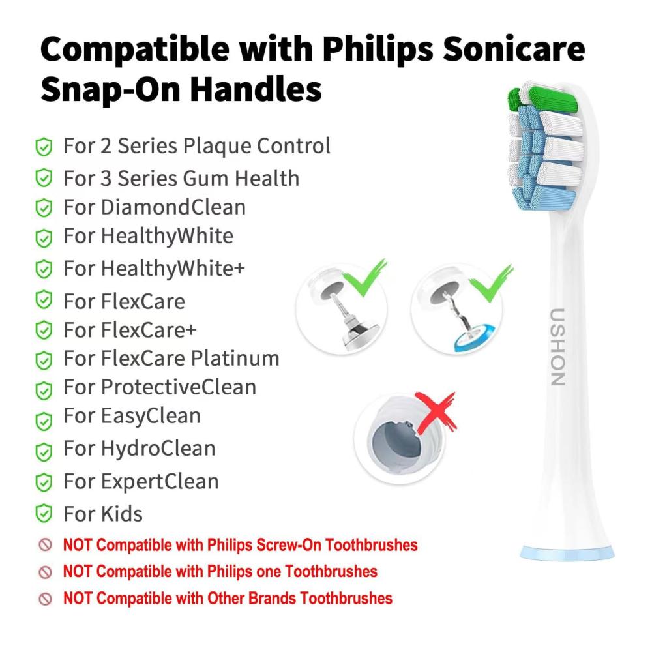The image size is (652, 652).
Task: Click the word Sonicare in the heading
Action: coord(514,49)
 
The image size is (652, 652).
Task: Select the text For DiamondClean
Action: coord(155,207)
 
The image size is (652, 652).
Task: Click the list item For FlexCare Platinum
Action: coord(171,358)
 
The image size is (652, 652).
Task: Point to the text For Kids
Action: coord(103,514)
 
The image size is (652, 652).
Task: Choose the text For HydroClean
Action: coord(140,449)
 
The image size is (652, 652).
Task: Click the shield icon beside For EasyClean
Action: coord(44,421)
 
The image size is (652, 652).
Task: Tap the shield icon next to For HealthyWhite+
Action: coord(44,269)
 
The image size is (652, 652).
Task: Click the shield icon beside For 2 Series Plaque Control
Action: coord(44,147)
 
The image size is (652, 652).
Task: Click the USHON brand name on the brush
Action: coord(558,348)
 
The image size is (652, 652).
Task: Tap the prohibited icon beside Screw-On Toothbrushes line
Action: coord(45,544)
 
